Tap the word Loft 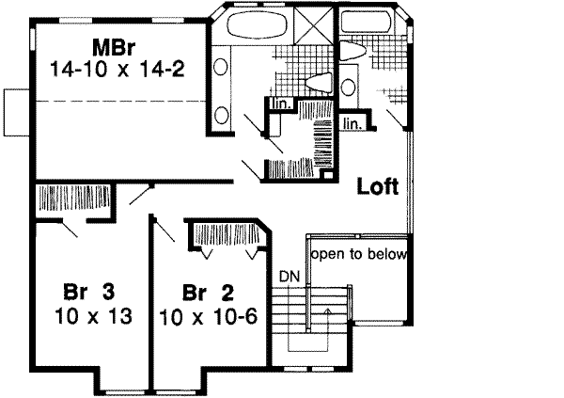(378, 186)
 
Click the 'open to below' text (359, 254)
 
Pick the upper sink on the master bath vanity (222, 67)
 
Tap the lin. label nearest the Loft (352, 123)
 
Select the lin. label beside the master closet (279, 103)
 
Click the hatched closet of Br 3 (72, 199)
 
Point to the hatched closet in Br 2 (225, 233)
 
